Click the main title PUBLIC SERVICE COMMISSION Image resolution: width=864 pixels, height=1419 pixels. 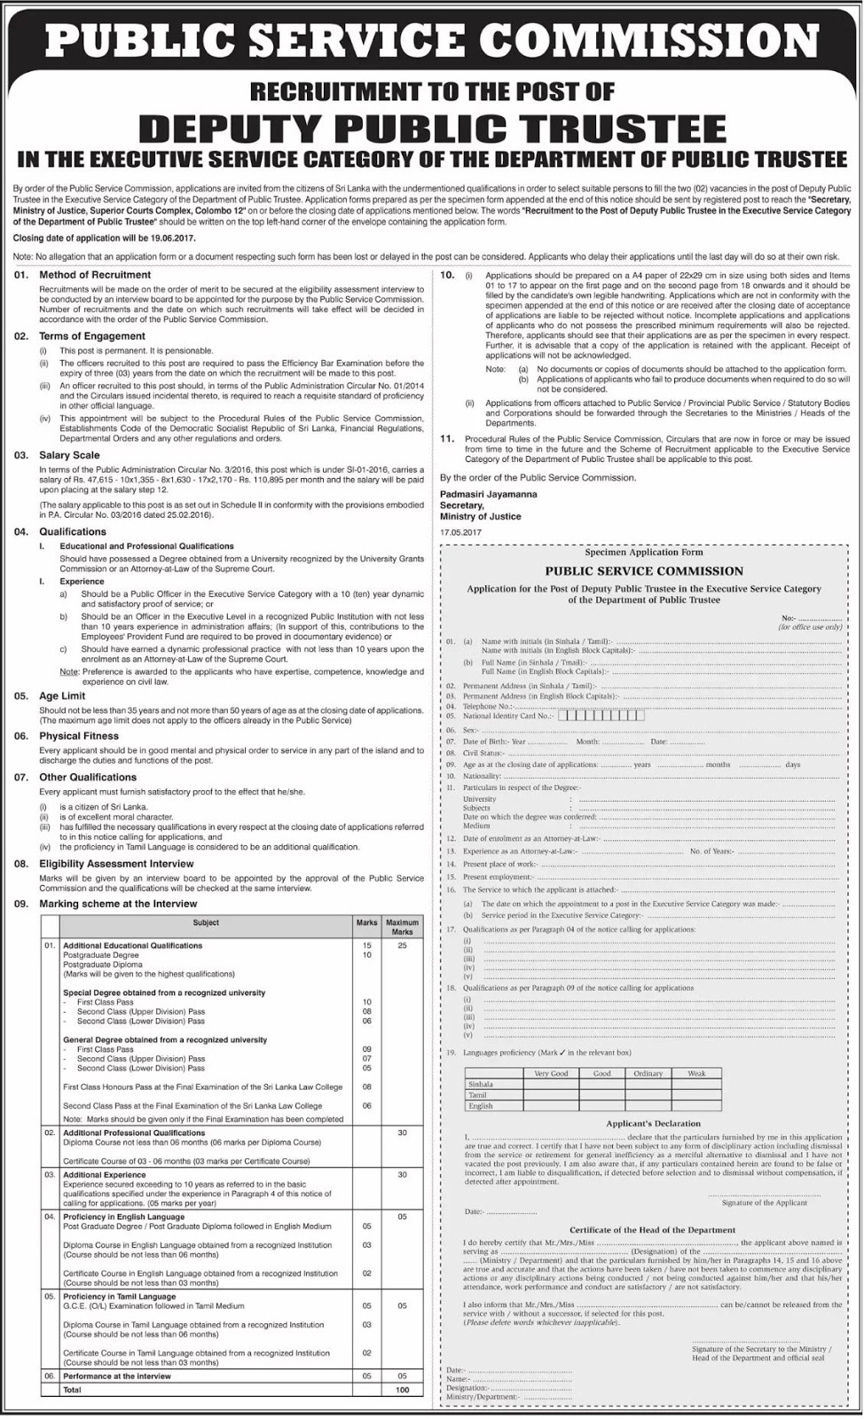[432, 41]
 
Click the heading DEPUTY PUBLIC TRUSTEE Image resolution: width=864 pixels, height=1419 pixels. [432, 129]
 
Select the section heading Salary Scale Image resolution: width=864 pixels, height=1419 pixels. [69, 455]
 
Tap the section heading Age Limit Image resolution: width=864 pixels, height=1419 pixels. [62, 696]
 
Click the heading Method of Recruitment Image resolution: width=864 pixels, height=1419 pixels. [95, 275]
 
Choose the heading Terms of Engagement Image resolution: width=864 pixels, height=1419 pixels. [91, 336]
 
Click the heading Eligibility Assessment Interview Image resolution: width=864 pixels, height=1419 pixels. [116, 863]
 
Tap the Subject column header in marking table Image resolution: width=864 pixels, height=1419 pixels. [206, 923]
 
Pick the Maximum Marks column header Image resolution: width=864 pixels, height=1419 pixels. [402, 928]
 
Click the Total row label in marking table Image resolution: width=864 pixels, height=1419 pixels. [72, 1390]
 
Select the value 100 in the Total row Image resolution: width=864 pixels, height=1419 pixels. [402, 1390]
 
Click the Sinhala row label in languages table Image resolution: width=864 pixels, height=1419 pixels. [481, 1084]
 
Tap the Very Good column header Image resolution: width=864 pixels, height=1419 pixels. [551, 1072]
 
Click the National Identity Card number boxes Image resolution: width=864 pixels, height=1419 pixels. [596, 715]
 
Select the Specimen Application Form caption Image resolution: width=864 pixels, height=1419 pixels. [644, 551]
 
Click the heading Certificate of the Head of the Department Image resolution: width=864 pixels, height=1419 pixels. [652, 1230]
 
